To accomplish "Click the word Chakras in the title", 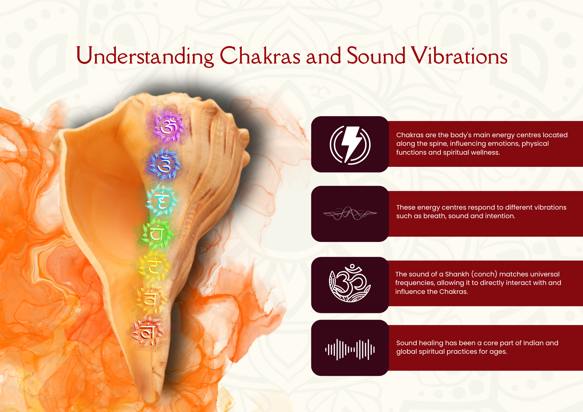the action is coord(260,56).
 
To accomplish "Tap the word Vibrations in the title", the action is coord(460,56).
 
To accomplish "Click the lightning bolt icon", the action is coord(350,144).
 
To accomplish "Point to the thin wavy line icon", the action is coord(350,214).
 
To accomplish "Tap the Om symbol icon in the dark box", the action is coord(350,283).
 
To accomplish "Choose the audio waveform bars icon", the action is coord(350,349).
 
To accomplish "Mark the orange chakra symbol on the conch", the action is coord(150,300).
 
